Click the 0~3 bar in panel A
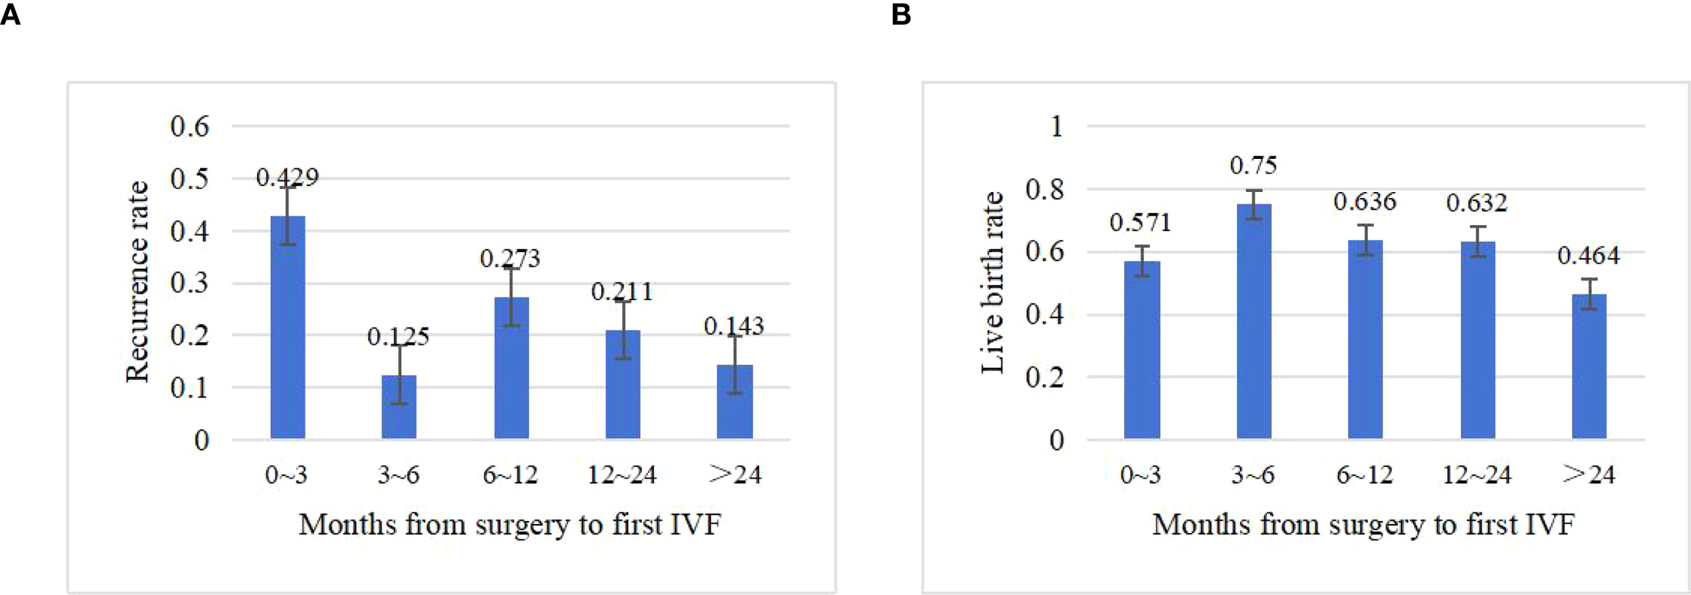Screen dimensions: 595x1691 tap(287, 328)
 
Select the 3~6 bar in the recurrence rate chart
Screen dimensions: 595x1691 tap(399, 407)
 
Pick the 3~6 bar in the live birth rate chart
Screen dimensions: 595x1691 tap(1254, 322)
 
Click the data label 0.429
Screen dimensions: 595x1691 tap(287, 177)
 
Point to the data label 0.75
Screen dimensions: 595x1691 tap(1253, 166)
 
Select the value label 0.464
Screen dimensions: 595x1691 tap(1588, 256)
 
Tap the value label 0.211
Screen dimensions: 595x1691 tap(622, 291)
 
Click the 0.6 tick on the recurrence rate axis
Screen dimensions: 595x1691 tap(189, 126)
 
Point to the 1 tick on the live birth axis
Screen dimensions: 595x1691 tap(1057, 126)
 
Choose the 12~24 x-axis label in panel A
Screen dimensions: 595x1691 tap(622, 475)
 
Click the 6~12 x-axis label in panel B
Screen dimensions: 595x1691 tap(1364, 475)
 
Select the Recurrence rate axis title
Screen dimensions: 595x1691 tap(137, 282)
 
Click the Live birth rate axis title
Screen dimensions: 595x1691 tap(992, 282)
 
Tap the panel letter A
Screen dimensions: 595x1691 tap(10, 14)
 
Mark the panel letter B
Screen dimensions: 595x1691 tap(901, 14)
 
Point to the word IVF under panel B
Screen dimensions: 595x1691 tap(1551, 525)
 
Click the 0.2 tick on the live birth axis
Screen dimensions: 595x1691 tap(1044, 377)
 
